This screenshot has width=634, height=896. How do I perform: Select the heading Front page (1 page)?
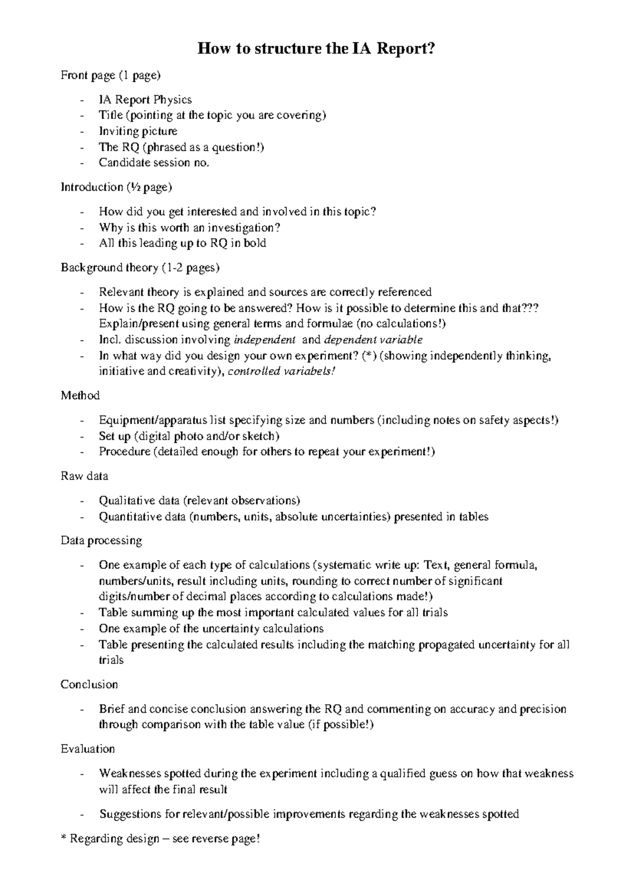[110, 76]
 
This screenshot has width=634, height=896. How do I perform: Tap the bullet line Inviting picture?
[138, 131]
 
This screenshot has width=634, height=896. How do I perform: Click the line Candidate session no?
[154, 163]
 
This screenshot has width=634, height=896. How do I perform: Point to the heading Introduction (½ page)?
[116, 187]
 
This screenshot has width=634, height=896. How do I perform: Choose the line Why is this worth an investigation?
[189, 228]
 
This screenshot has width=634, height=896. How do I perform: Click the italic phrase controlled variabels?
[281, 371]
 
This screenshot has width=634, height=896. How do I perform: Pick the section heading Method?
[80, 396]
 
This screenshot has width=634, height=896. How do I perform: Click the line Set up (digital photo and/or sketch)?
[189, 436]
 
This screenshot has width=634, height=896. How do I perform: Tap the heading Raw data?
[85, 476]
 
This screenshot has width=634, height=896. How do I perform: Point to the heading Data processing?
[101, 541]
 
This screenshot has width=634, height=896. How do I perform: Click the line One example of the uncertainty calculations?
[211, 629]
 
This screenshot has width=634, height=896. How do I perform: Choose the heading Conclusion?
[89, 685]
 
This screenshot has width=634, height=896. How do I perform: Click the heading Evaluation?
[88, 749]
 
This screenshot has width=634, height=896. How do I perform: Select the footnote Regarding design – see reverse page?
[164, 838]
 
